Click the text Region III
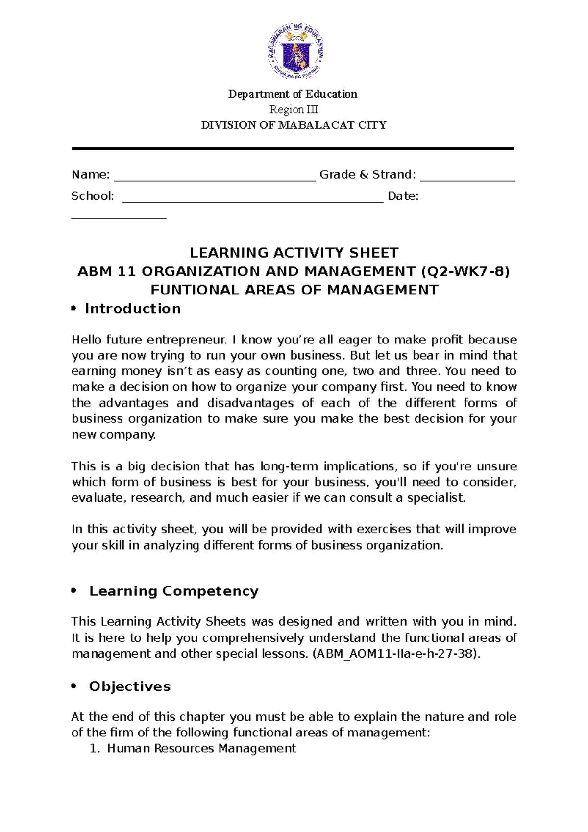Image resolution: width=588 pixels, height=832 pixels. [294, 109]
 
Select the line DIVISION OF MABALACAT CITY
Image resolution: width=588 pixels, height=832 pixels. [294, 125]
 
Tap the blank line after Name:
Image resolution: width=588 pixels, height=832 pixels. [215, 179]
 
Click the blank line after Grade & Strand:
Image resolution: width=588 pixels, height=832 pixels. [467, 179]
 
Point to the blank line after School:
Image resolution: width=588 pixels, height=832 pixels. [252, 200]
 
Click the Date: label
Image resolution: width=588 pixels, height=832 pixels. [403, 196]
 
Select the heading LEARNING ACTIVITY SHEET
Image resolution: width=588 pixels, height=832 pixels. [294, 253]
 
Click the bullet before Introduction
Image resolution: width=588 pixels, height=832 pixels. [74, 308]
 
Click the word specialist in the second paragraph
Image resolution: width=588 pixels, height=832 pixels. [436, 498]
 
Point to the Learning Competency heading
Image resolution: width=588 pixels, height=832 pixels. [173, 591]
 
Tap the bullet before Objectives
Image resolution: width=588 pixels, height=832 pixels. [74, 686]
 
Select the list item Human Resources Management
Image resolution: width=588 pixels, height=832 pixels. [201, 748]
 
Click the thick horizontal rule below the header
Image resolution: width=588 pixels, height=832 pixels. [293, 148]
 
